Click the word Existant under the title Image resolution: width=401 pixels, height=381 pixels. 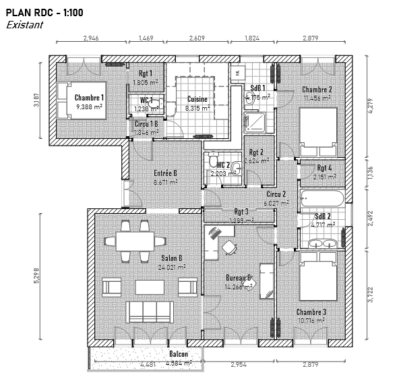click(24, 25)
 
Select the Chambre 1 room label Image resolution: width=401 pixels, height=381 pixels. click(89, 97)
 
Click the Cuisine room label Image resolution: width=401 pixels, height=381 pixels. click(197, 99)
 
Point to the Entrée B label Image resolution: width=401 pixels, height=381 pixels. click(165, 173)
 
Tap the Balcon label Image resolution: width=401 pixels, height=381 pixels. click(178, 354)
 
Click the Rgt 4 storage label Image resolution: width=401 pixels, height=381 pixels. click(324, 168)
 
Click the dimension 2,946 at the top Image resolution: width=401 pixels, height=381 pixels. click(90, 39)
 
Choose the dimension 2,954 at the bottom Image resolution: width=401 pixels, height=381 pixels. click(241, 365)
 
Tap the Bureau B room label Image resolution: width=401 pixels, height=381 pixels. click(239, 277)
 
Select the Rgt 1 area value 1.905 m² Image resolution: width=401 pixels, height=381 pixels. click(145, 82)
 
